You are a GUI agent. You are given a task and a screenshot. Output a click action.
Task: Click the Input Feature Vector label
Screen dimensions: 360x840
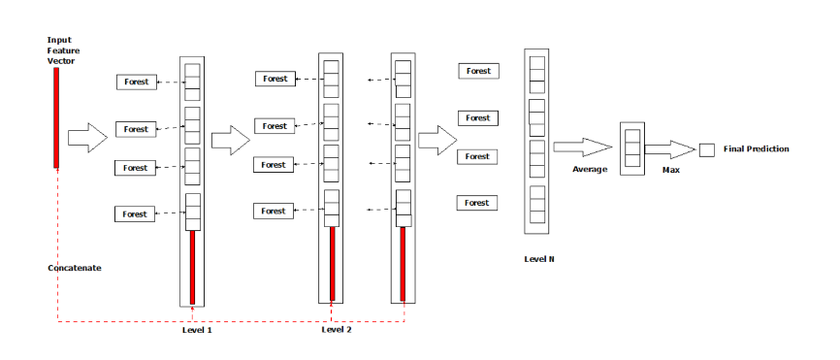click(x=61, y=50)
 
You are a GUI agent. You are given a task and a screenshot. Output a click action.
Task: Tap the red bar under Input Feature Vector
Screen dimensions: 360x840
click(x=57, y=116)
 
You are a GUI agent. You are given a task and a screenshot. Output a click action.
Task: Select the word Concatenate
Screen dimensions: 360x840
click(x=75, y=267)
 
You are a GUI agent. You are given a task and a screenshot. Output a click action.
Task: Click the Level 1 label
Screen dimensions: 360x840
click(x=197, y=330)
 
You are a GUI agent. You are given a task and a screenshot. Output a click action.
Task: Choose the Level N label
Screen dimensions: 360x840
click(x=539, y=259)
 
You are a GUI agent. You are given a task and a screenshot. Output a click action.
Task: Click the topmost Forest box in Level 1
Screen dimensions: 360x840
click(x=136, y=82)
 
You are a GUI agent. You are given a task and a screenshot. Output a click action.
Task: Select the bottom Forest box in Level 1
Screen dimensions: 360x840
click(x=136, y=214)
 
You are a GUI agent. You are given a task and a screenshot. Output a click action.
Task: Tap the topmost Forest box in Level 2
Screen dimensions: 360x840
click(x=275, y=79)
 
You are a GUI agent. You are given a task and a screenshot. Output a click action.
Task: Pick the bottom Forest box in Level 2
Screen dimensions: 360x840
click(x=275, y=211)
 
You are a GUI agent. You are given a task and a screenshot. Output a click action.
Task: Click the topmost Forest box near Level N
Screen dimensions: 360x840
click(x=477, y=71)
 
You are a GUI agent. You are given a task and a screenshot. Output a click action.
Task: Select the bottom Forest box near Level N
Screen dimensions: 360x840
click(x=477, y=203)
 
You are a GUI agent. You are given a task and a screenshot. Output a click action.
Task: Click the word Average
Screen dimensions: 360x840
click(x=589, y=169)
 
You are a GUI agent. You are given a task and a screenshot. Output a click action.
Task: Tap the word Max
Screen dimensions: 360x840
click(x=670, y=170)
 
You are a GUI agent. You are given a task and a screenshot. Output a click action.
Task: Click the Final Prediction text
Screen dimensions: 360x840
click(x=756, y=148)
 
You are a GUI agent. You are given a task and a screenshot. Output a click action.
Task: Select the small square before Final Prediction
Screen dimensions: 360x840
click(x=706, y=149)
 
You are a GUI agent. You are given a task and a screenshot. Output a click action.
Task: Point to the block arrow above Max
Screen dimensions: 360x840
click(x=669, y=149)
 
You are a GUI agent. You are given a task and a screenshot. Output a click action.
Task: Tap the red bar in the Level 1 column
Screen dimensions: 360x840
click(x=192, y=267)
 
